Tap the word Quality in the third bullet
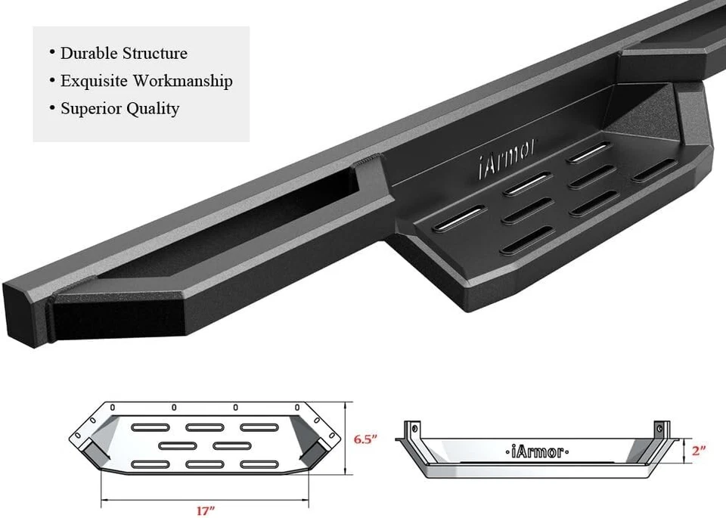pos(153,109)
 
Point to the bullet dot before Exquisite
pos(52,81)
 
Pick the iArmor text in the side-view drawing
pos(534,451)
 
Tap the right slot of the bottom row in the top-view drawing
pos(259,463)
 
